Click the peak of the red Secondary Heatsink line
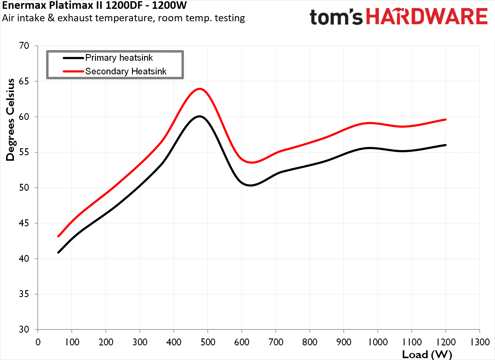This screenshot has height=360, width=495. [199, 89]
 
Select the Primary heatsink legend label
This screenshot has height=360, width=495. [119, 58]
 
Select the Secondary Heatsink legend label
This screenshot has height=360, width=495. [126, 71]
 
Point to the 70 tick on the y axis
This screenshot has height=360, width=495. [24, 46]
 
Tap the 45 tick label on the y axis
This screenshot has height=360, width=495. [24, 223]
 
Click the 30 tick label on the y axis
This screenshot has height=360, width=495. [24, 329]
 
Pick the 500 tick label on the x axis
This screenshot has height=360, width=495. [208, 342]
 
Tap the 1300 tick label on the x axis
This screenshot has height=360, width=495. [480, 342]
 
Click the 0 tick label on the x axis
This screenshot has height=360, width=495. [38, 342]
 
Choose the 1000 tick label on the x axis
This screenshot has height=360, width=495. [378, 342]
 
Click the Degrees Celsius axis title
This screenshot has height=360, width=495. [11, 120]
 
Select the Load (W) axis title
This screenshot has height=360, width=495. [427, 355]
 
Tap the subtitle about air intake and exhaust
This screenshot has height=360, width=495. [123, 18]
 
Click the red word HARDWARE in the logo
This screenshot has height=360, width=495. [427, 17]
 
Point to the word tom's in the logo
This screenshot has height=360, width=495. [336, 17]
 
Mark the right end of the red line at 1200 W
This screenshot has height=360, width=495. [446, 119]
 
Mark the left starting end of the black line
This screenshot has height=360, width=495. [58, 252]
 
